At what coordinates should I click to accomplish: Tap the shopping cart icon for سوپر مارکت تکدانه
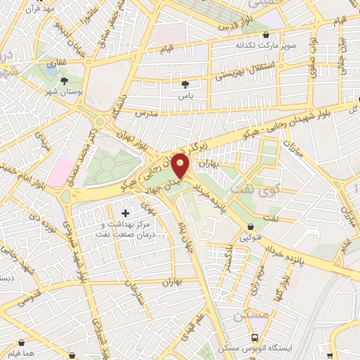[x=265, y=34]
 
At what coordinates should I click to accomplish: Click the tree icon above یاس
[x=184, y=84]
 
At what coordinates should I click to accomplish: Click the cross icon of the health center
[x=126, y=212]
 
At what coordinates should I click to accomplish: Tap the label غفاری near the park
[x=52, y=63]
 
